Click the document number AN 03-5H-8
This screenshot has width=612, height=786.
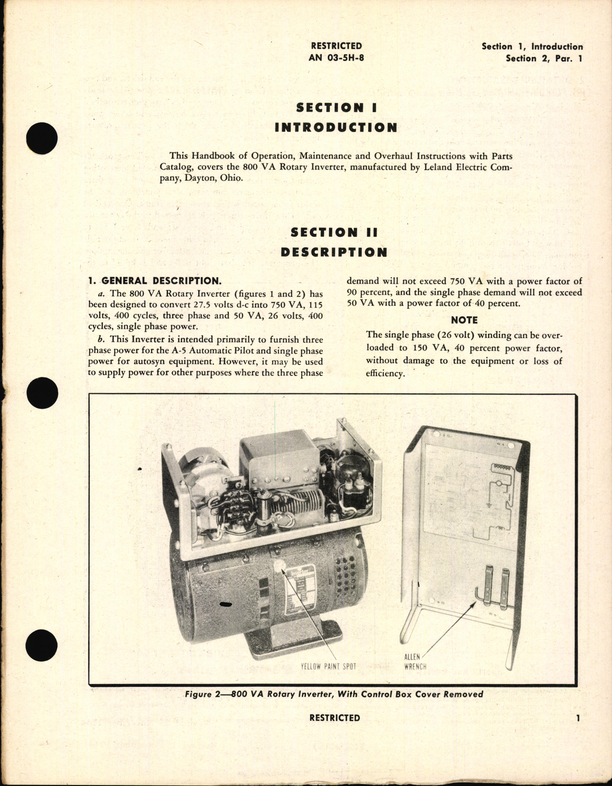(337, 58)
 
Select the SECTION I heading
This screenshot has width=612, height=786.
(337, 108)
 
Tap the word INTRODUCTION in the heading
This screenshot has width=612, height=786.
(336, 128)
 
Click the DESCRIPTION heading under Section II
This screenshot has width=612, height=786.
(334, 252)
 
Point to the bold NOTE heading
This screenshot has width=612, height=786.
(464, 320)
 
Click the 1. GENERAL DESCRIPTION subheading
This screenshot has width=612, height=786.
(154, 281)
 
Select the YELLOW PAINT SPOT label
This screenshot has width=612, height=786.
(328, 666)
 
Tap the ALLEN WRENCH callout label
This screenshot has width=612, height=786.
(415, 662)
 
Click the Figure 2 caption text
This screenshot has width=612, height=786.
(334, 694)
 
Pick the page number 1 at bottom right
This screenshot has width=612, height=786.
(578, 718)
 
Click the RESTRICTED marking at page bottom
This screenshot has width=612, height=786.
(335, 718)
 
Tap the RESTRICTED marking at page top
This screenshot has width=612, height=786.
(337, 46)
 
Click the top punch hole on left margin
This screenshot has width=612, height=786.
(42, 138)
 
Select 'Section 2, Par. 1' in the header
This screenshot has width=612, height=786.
(544, 59)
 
